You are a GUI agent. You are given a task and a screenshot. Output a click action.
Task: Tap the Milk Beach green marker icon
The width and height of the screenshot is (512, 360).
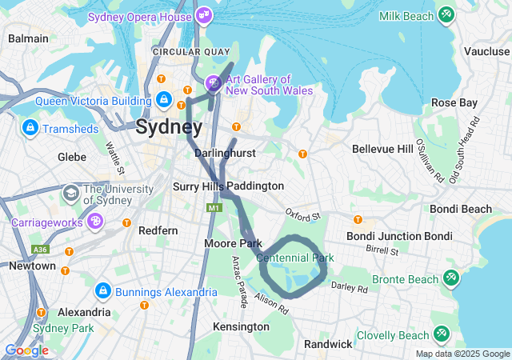coord(446,15)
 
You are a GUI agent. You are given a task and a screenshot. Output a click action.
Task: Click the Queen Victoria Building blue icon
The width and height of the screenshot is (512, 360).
coord(164,100)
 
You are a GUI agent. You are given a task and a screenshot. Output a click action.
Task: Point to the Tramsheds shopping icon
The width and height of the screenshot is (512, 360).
coord(30,128)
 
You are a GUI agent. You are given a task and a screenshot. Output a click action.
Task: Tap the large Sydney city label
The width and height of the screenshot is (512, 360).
coord(168,126)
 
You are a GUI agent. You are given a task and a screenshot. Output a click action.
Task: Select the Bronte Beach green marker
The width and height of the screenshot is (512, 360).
coord(451,278)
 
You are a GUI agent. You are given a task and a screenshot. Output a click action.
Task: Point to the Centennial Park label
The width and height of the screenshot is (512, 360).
coord(294,258)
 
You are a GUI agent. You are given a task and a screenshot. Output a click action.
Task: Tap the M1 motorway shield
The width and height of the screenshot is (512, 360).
coord(213,208)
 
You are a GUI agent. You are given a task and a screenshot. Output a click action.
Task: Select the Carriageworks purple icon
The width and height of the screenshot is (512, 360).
coord(94,220)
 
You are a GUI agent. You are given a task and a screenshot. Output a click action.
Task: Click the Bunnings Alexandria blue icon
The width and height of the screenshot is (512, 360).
coord(103,291)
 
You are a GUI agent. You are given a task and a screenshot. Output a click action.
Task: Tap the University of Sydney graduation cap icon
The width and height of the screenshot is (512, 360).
coord(71,193)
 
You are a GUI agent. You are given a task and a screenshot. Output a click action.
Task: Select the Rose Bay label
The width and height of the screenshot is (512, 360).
coord(454,102)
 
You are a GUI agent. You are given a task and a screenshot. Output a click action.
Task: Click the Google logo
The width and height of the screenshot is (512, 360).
coord(26,350)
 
